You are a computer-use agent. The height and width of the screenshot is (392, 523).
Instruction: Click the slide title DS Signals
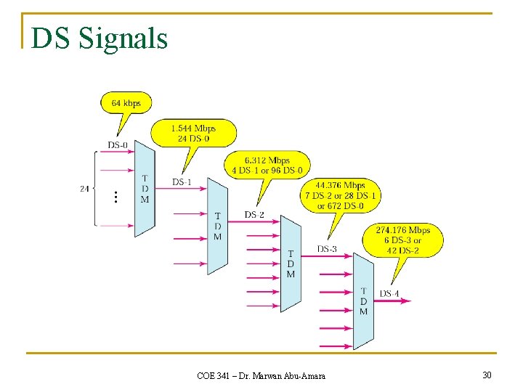[x=100, y=38]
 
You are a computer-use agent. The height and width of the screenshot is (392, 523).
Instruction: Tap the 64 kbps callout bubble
[x=126, y=102]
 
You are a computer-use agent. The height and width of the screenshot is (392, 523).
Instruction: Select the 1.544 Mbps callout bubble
[x=193, y=133]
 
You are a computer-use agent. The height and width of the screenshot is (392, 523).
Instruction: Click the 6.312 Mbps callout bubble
[x=268, y=165]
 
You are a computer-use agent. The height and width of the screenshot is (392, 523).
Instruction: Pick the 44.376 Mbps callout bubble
[x=341, y=195]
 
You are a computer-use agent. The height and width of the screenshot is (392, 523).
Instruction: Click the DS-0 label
[x=118, y=145]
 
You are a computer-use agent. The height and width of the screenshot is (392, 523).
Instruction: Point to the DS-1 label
[x=182, y=181]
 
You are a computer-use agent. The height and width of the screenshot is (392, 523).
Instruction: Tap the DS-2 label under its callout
[x=254, y=215]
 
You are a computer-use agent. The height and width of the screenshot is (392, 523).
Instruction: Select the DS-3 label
[x=327, y=249]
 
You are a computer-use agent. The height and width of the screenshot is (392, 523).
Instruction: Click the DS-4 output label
[x=389, y=294]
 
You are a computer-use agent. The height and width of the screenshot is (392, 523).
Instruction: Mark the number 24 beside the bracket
[x=84, y=189]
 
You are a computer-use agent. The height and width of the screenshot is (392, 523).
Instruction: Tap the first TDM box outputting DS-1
[x=145, y=189]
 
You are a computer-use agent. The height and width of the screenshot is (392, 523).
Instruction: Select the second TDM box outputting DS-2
[x=217, y=225]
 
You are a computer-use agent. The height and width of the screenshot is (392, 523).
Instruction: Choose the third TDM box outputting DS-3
[x=291, y=263]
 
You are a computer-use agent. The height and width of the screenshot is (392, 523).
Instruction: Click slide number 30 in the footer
[x=486, y=375]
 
